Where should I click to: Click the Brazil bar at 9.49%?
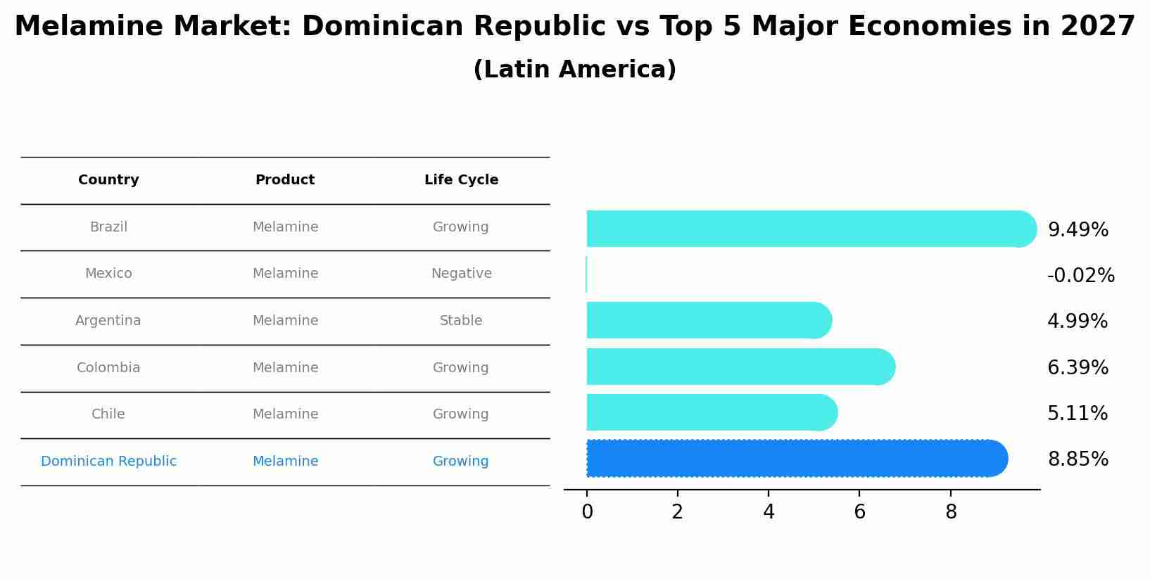click(809, 229)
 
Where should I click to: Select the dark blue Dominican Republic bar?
click(795, 459)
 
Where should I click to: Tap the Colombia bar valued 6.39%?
click(739, 367)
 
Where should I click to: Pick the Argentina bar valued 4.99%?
click(707, 320)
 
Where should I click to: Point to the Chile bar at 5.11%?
click(711, 412)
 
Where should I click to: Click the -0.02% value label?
click(1080, 276)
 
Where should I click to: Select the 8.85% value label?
click(1078, 459)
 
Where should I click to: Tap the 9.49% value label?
click(1078, 230)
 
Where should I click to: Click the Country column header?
click(108, 180)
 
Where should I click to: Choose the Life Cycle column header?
click(461, 180)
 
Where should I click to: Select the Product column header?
click(285, 180)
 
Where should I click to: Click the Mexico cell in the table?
click(108, 274)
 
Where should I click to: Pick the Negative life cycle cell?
click(461, 274)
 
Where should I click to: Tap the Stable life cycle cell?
click(461, 321)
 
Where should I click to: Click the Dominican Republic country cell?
click(108, 462)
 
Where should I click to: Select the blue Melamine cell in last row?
click(285, 462)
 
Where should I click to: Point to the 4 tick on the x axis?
click(769, 512)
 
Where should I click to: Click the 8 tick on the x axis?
click(951, 512)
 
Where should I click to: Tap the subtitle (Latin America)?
click(574, 70)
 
